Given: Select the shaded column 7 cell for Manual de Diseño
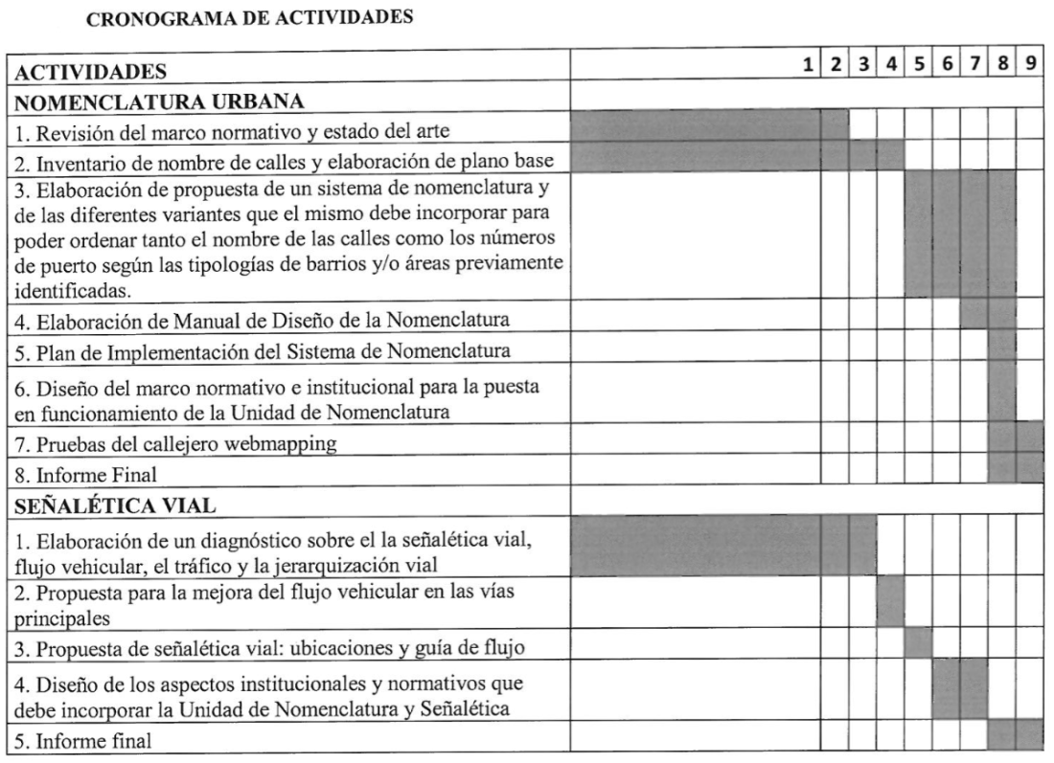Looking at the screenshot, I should (x=974, y=313).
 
